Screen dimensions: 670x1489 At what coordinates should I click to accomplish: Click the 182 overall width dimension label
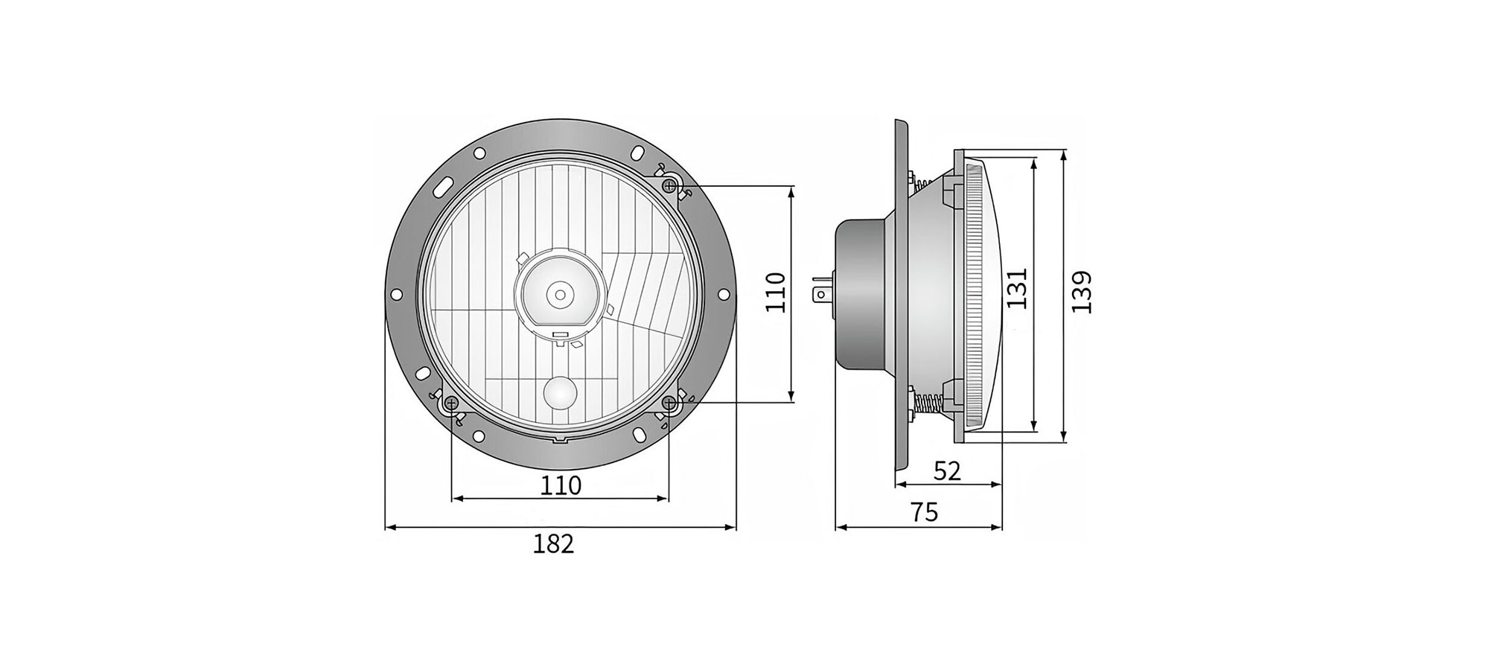553,544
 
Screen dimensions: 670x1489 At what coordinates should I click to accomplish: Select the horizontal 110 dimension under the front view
560,485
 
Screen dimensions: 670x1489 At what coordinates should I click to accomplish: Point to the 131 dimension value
1017,288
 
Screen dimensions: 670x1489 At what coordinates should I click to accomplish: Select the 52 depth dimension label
947,470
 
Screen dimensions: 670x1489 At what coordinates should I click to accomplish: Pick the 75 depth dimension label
924,512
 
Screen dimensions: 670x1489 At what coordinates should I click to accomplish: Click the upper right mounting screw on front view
669,185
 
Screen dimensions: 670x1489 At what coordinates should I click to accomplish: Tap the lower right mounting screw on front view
670,403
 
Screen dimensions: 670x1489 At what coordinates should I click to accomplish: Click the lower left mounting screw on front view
451,404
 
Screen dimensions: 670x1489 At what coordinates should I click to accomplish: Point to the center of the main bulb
558,294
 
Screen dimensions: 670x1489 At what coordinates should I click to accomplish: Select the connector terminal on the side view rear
822,293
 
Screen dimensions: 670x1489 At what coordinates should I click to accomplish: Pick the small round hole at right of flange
724,294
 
